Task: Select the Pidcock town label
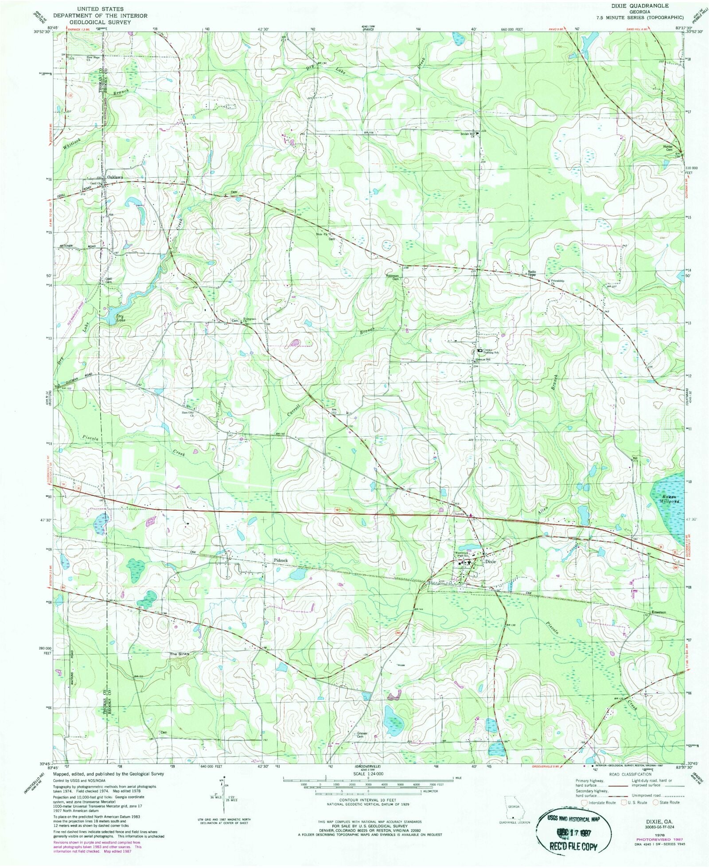pyautogui.click(x=280, y=560)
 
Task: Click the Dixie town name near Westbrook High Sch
pyautogui.click(x=490, y=561)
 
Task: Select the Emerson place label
pyautogui.click(x=658, y=613)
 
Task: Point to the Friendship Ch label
pyautogui.click(x=557, y=282)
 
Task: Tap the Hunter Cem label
pyautogui.click(x=668, y=148)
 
